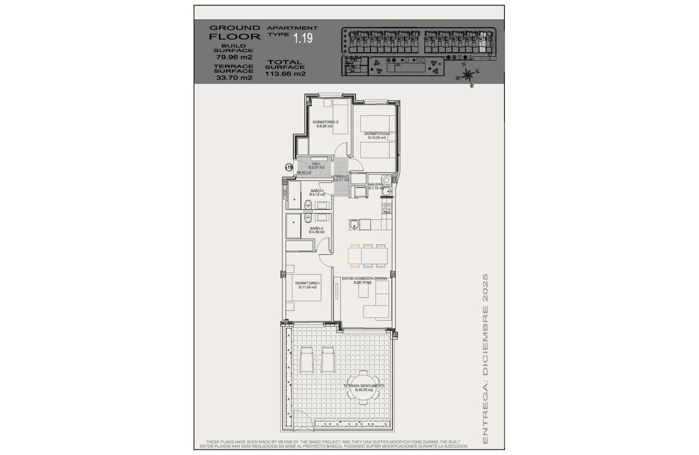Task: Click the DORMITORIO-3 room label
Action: [x=325, y=122]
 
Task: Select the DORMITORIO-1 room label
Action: [x=308, y=283]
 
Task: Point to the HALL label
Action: [x=316, y=164]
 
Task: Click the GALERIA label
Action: [x=376, y=185]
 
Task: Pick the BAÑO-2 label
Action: [x=316, y=229]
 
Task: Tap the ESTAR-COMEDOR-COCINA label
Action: [x=364, y=278]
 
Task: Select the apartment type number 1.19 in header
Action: [x=303, y=38]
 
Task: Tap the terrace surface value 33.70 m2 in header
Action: [x=234, y=77]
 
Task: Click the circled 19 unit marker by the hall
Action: [x=289, y=168]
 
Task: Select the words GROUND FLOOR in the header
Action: [x=235, y=32]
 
